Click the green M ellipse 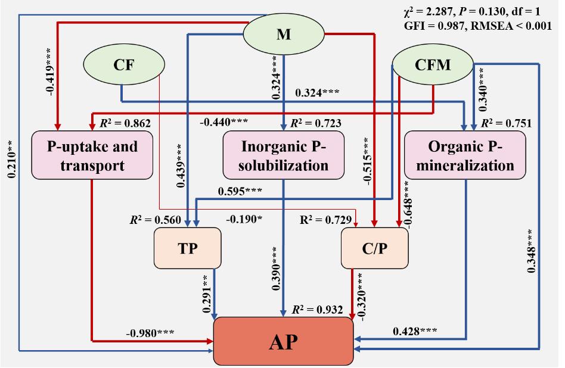point(284,34)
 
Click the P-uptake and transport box point(92,155)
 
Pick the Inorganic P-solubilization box point(284,155)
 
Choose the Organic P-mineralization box point(465,155)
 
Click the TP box point(187,248)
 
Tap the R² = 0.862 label point(125,123)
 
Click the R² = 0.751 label point(506,123)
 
